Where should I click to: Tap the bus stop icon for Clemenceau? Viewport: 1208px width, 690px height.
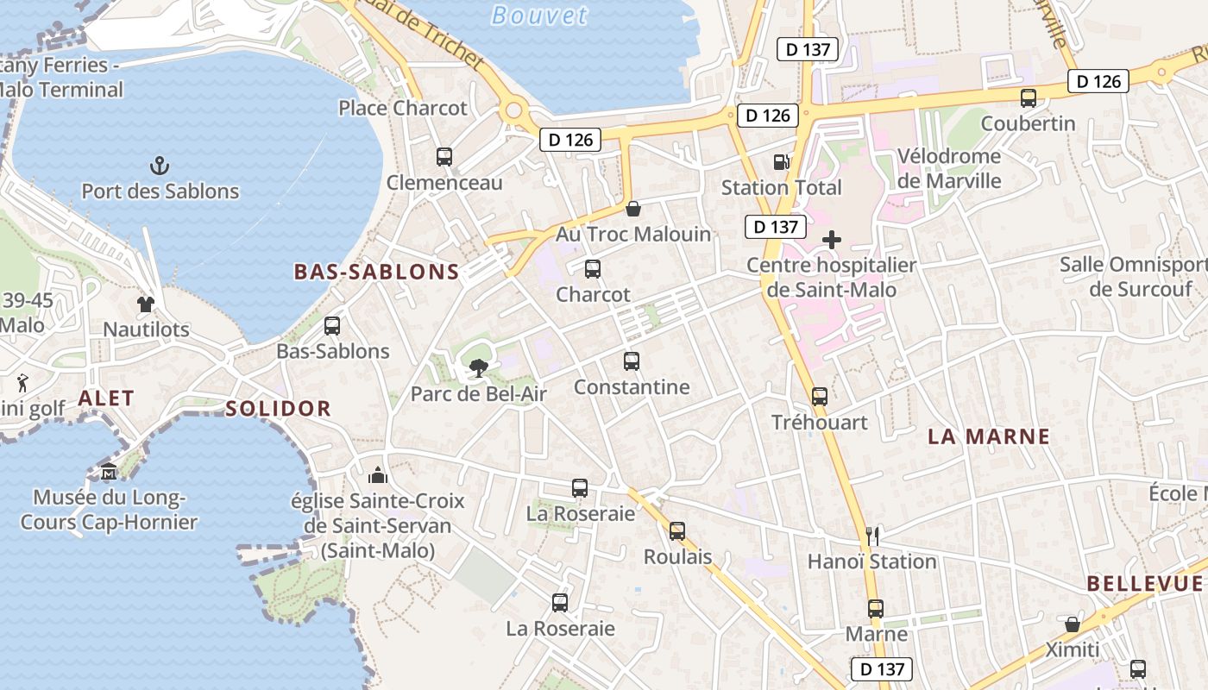444,157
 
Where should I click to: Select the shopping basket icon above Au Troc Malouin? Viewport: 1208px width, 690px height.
633,209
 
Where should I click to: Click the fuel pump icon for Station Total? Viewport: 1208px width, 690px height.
781,161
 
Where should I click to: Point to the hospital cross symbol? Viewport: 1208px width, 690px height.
832,240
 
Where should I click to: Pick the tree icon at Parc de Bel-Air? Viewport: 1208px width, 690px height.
477,369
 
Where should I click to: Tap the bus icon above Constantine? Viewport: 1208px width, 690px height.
632,361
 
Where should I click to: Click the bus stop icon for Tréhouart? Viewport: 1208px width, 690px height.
820,397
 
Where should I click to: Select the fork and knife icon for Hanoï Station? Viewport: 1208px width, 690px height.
872,536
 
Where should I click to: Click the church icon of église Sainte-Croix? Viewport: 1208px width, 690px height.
378,475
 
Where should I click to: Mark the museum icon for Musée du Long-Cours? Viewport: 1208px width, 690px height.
109,472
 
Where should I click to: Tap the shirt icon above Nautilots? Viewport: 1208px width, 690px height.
145,304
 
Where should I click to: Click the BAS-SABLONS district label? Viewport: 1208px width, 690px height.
376,272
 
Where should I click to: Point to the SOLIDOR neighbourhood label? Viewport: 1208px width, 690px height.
278,409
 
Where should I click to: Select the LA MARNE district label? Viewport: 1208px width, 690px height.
989,436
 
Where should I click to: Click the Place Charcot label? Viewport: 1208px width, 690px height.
402,108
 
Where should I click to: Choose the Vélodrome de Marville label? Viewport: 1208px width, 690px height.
949,168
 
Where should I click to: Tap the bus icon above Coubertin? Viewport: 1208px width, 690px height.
1028,98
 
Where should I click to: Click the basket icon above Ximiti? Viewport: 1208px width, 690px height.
1073,624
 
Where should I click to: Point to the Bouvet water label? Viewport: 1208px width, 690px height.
538,15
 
